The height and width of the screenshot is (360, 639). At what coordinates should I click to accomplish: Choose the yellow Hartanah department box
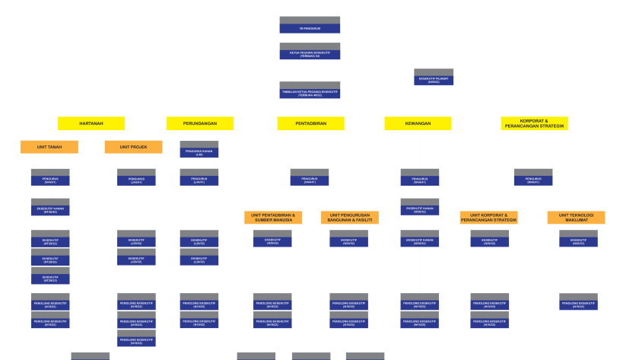pos(91,123)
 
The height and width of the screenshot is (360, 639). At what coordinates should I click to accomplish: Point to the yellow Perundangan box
pos(199,123)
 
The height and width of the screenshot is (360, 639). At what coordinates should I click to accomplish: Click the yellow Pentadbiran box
pos(310,123)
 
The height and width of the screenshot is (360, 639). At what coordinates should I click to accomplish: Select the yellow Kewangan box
pos(418,123)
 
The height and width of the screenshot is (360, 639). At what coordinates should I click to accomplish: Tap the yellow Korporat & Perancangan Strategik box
pos(534,123)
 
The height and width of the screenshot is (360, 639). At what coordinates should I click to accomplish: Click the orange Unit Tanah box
pos(49,147)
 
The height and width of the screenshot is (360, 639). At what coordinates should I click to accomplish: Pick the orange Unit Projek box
pos(133,147)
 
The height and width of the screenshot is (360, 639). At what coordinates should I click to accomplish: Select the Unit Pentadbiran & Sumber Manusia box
pos(273,218)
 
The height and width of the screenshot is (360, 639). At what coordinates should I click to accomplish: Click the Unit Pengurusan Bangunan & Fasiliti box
pos(349,218)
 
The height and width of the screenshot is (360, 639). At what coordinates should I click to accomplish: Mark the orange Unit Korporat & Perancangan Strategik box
pos(488,218)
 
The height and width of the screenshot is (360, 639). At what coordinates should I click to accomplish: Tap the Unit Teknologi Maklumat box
pos(576,218)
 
